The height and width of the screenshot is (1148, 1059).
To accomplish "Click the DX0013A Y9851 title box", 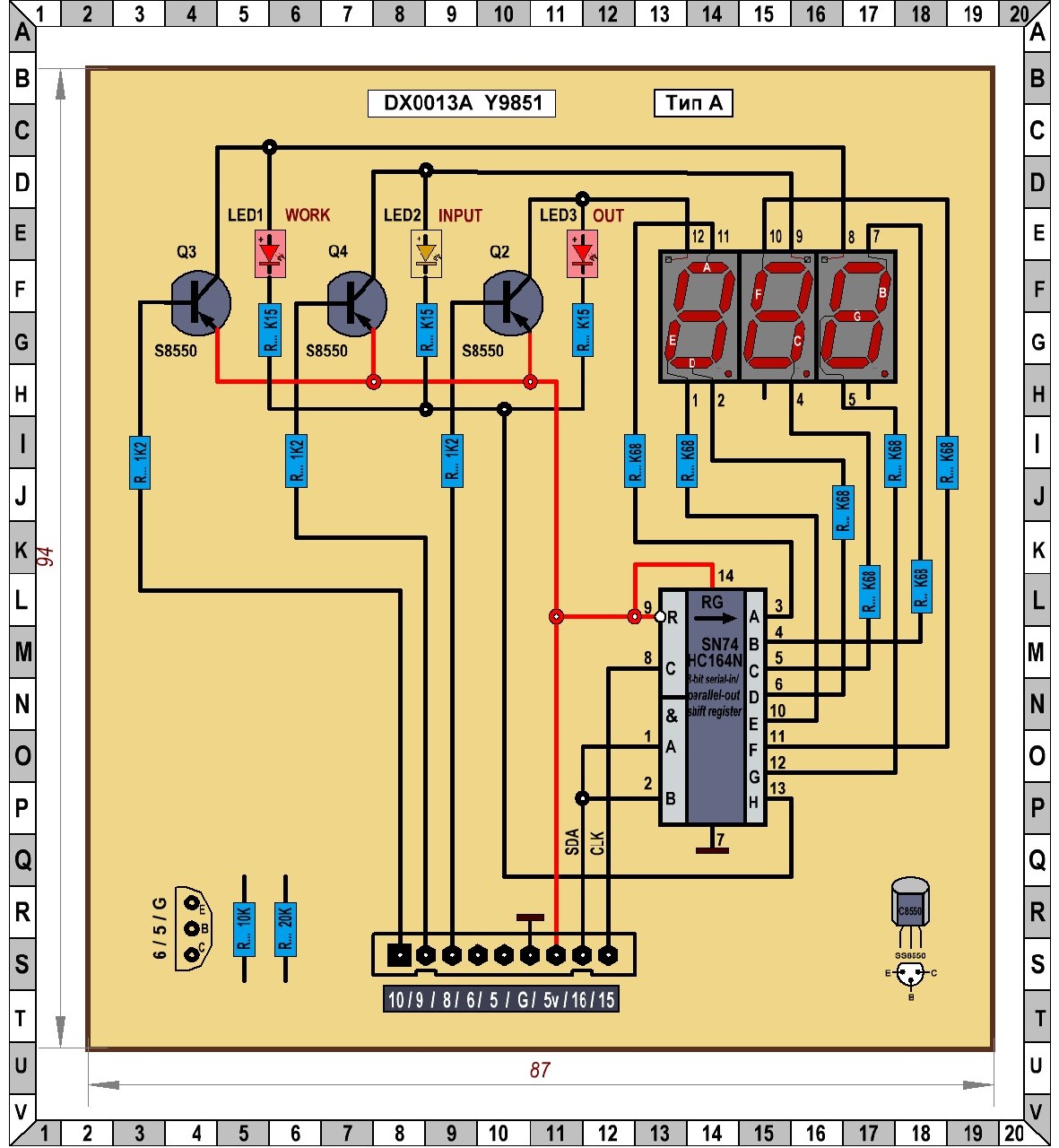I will tap(462, 103).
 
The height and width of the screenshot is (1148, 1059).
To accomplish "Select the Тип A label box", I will tap(693, 103).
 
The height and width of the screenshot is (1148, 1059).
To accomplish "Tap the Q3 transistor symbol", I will tap(200, 302).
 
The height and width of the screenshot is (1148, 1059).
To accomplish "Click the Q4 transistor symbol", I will tap(356, 303).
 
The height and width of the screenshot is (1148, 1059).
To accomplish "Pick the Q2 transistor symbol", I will tap(512, 303).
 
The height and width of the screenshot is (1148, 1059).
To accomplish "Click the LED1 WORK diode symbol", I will tap(270, 253).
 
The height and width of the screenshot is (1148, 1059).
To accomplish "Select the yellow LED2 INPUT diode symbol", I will tap(426, 253).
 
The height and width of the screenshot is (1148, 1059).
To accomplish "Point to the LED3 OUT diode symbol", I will tap(582, 253).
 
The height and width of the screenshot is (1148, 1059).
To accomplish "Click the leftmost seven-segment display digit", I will tap(699, 316).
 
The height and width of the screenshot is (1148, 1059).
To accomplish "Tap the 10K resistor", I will tap(244, 929).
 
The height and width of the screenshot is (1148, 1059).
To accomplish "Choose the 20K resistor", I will tap(285, 929).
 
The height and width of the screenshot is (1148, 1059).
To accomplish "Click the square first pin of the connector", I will tap(399, 955).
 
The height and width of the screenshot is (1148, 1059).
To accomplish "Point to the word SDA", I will tap(572, 841).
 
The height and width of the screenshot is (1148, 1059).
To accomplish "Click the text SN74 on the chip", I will tap(719, 644).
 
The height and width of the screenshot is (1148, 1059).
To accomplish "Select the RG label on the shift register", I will tap(712, 603).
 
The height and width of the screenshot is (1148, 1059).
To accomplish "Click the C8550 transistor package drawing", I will tap(910, 906).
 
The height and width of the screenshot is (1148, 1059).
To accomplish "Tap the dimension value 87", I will tap(540, 1070).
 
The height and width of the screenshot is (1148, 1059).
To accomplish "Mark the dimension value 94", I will tap(45, 556).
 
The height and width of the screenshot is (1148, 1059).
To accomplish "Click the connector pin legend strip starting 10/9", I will tap(500, 999).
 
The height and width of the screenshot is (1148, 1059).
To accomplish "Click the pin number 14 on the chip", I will tap(726, 576).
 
